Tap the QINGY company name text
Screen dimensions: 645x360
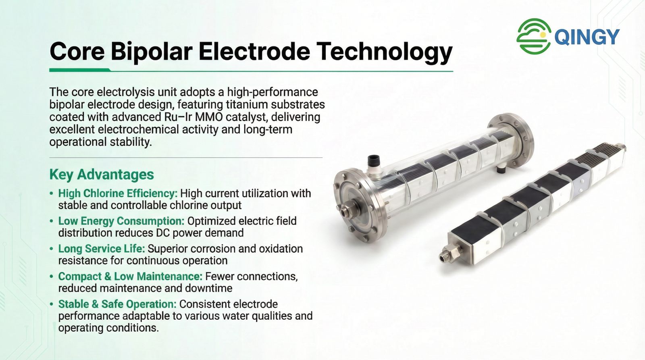click(x=587, y=37)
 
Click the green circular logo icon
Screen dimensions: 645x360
click(x=534, y=36)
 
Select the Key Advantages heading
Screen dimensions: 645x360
click(x=102, y=174)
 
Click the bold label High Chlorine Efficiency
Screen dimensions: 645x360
click(x=118, y=193)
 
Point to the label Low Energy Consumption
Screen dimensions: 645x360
click(x=121, y=221)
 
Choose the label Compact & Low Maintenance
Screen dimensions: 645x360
click(x=131, y=276)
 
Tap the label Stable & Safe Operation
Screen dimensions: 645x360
click(x=117, y=304)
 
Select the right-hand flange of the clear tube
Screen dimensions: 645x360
click(x=510, y=144)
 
